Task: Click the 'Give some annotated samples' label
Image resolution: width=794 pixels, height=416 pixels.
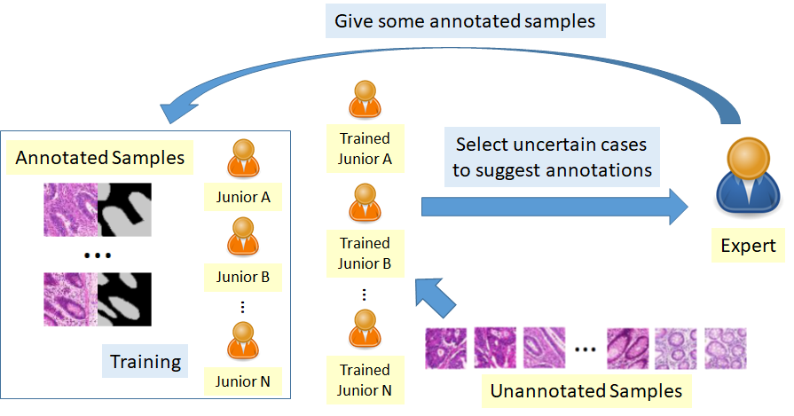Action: [x=465, y=21]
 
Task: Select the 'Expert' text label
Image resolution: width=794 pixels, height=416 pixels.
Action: [x=748, y=246]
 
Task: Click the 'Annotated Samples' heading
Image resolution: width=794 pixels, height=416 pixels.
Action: [x=99, y=157]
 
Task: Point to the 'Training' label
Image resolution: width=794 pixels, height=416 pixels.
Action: [x=145, y=361]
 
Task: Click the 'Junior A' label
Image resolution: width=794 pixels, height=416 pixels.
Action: [x=243, y=197]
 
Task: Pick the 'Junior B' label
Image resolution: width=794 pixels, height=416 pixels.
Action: [x=243, y=277]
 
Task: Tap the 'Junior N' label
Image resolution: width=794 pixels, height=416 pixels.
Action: [x=242, y=381]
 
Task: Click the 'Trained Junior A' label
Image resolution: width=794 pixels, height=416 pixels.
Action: [x=366, y=148]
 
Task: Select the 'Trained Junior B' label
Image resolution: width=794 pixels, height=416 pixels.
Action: [x=366, y=253]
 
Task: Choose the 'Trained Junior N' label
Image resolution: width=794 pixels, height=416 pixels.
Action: [x=365, y=380]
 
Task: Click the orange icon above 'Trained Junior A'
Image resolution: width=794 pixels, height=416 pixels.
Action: [x=365, y=99]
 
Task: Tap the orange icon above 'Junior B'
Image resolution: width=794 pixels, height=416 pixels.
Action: [x=243, y=237]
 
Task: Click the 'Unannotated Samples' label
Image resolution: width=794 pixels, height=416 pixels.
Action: [x=586, y=391]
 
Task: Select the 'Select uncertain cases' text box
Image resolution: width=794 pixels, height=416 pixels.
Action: [x=552, y=157]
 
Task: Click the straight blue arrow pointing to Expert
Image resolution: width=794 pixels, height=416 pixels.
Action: [x=554, y=207]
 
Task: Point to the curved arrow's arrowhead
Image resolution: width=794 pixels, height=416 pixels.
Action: [x=178, y=110]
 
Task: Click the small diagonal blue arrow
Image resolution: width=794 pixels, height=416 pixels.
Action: [x=436, y=297]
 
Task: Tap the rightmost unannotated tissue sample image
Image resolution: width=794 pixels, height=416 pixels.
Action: [x=726, y=349]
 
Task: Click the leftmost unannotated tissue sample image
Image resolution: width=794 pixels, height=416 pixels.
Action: [x=445, y=349]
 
